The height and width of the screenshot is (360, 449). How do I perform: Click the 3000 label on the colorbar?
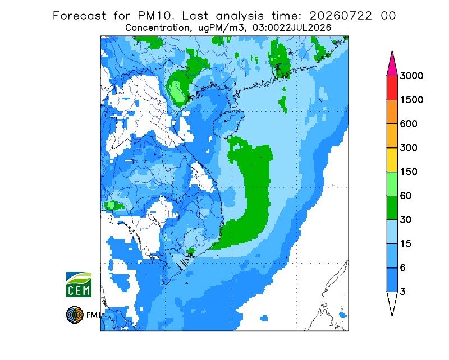411,76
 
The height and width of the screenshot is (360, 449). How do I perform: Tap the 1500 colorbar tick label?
411,100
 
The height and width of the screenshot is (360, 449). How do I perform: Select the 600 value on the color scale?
409,124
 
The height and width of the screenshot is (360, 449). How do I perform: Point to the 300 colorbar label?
409,148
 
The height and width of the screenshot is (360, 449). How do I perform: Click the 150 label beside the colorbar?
409,172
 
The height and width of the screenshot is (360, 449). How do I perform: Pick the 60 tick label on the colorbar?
406,196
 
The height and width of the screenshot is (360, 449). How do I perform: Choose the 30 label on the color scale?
406,220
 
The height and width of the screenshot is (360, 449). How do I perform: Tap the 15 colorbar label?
406,244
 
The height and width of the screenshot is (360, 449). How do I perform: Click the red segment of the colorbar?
392,88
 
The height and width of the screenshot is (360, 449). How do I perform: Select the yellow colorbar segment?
392,160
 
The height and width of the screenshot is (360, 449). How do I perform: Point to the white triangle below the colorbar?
392,302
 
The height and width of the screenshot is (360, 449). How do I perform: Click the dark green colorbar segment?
392,208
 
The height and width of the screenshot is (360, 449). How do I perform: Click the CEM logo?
79,284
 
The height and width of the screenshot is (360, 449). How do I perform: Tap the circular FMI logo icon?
75,315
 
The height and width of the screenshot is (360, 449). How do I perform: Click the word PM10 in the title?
155,16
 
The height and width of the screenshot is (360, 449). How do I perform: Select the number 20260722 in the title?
341,16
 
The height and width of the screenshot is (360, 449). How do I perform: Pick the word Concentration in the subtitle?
157,28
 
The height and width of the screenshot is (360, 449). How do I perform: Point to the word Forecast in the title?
79,16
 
